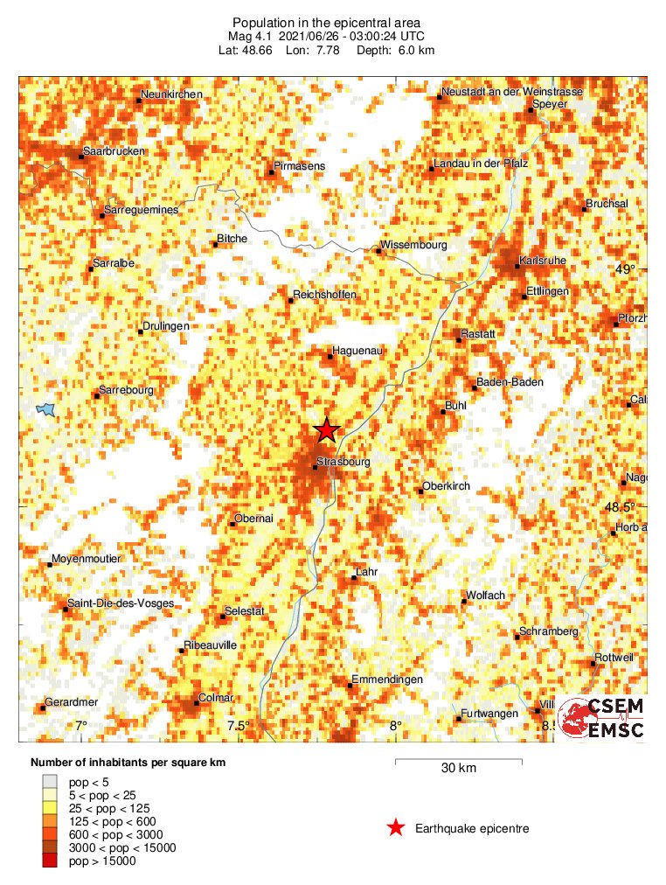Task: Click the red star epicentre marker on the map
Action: coord(326,429)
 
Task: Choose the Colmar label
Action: coord(217,697)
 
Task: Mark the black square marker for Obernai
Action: coord(232,524)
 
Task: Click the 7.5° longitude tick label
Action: coord(238,725)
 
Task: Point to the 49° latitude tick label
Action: coord(627,269)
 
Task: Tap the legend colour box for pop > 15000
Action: coord(50,861)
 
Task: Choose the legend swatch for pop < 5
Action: coord(50,781)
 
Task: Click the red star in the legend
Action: coord(396,827)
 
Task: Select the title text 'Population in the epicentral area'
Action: coord(326,22)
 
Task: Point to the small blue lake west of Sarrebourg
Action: coord(45,408)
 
